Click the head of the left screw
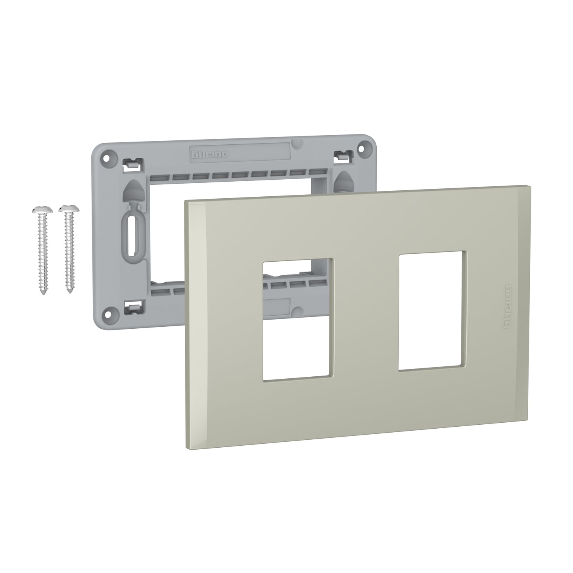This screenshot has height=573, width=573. point(40,209)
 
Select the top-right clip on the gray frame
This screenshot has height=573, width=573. point(341,155)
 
